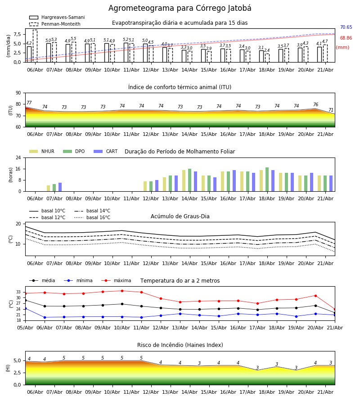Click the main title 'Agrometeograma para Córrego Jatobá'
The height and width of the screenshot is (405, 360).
tap(180, 8)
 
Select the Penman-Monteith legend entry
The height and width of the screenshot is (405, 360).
tap(55, 24)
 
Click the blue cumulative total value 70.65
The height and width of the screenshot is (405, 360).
tap(346, 27)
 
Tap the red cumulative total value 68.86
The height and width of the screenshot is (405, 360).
tap(346, 38)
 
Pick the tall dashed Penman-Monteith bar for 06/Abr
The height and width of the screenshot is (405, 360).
tap(35, 46)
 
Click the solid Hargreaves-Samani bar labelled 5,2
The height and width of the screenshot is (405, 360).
tap(126, 53)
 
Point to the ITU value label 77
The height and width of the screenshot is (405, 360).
tap(29, 103)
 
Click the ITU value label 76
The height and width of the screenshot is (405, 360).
tap(315, 104)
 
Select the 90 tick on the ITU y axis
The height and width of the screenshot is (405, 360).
tap(18, 93)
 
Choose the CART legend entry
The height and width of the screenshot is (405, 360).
tap(106, 151)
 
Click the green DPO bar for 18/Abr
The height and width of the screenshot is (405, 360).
tap(267, 180)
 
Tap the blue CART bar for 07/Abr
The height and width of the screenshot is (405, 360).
tap(60, 187)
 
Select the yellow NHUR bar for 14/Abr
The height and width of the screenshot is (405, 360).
tap(184, 181)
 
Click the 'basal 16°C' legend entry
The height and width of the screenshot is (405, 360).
tap(92, 217)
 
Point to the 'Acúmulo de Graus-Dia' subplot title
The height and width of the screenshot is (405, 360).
tap(180, 216)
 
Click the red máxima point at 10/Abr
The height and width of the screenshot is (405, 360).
tap(122, 291)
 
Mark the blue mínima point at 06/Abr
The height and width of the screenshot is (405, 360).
tap(45, 317)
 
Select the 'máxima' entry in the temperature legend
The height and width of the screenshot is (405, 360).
tap(116, 280)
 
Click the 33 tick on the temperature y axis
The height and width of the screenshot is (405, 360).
tap(18, 292)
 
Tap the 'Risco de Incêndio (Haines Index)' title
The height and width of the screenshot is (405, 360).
tap(180, 345)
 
